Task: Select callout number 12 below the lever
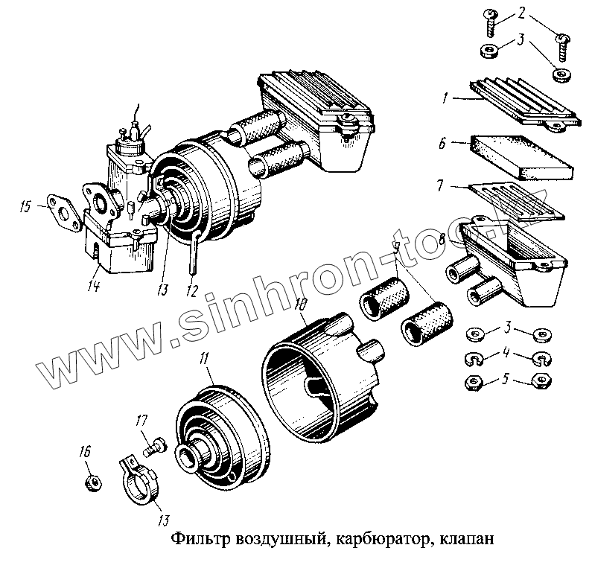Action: click(x=191, y=290)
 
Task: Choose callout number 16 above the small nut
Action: click(x=85, y=451)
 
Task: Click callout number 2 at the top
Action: click(x=522, y=13)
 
